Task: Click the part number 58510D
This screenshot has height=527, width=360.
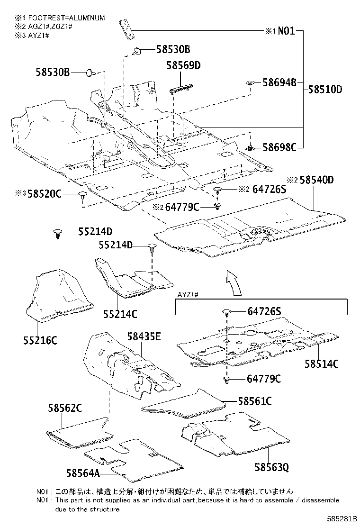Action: (325, 89)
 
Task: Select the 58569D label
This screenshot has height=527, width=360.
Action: (183, 65)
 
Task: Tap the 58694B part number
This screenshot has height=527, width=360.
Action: (279, 83)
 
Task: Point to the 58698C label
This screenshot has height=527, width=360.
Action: (279, 147)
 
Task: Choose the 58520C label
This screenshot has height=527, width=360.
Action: (45, 193)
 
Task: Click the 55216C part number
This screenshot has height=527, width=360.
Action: (40, 340)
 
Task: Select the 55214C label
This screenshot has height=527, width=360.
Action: (120, 314)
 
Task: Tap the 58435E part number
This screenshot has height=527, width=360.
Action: (144, 336)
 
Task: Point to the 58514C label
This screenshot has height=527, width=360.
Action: (321, 363)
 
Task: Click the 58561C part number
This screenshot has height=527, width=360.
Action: (254, 401)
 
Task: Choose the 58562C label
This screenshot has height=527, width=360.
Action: (65, 408)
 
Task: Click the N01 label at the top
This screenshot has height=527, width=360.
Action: (286, 31)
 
